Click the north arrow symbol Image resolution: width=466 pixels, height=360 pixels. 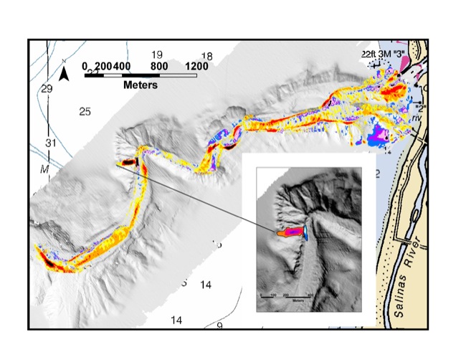(64, 73)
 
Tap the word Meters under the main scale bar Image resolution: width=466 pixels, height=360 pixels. (140, 85)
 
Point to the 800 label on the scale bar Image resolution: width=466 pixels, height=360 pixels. (158, 66)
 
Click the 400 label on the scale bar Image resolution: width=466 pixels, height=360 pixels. (122, 66)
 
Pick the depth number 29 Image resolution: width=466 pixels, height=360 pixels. (47, 89)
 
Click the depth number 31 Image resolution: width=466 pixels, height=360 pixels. (50, 143)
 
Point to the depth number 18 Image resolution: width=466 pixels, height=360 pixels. (207, 56)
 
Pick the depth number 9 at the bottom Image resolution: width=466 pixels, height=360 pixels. (220, 326)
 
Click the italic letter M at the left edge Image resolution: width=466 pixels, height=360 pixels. (44, 169)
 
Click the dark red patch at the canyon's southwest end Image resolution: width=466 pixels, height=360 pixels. (49, 260)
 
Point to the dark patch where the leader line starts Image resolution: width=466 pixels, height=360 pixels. (128, 163)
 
